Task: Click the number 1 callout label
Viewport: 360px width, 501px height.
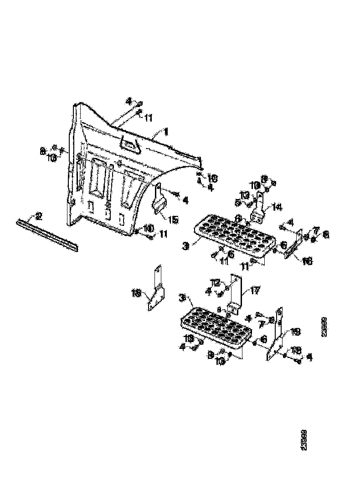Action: coord(166,132)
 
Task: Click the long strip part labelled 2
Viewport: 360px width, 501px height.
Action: coord(48,235)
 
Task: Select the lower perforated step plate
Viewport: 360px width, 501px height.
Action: coord(216,328)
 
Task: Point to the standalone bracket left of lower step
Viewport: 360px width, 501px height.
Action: coord(156,289)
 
